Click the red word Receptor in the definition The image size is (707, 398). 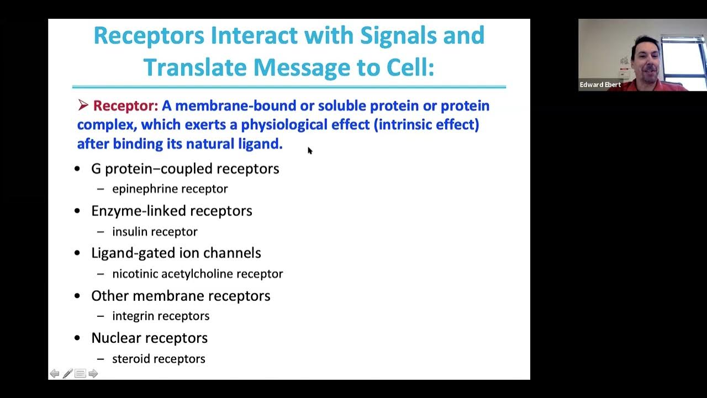[125, 106]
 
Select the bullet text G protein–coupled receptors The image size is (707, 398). [185, 169]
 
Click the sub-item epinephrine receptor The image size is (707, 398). [170, 189]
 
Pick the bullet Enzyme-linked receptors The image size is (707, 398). [171, 211]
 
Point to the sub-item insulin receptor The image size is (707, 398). [155, 232]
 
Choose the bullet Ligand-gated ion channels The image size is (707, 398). [176, 253]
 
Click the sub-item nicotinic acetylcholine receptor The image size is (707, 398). [197, 274]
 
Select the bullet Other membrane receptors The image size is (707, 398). [181, 296]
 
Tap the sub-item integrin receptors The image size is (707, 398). [161, 316]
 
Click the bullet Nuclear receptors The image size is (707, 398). [149, 338]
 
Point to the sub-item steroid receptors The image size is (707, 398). [159, 359]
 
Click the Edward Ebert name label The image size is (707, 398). [600, 85]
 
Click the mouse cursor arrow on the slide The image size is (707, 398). [310, 150]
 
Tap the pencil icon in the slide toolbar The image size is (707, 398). [67, 374]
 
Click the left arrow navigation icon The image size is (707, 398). [55, 374]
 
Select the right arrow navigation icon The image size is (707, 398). [93, 374]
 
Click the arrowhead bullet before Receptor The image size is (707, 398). [83, 105]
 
